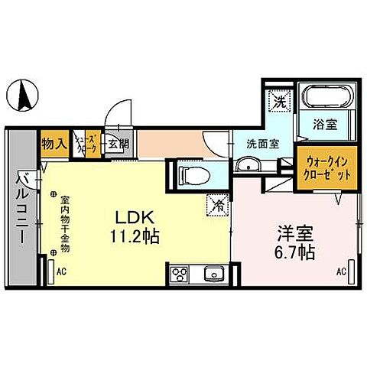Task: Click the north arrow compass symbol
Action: [x=24, y=96]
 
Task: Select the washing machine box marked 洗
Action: [x=280, y=99]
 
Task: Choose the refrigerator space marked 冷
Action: [x=218, y=204]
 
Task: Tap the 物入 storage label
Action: [x=54, y=143]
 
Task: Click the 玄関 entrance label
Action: [x=116, y=143]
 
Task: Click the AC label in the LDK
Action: [x=63, y=271]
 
